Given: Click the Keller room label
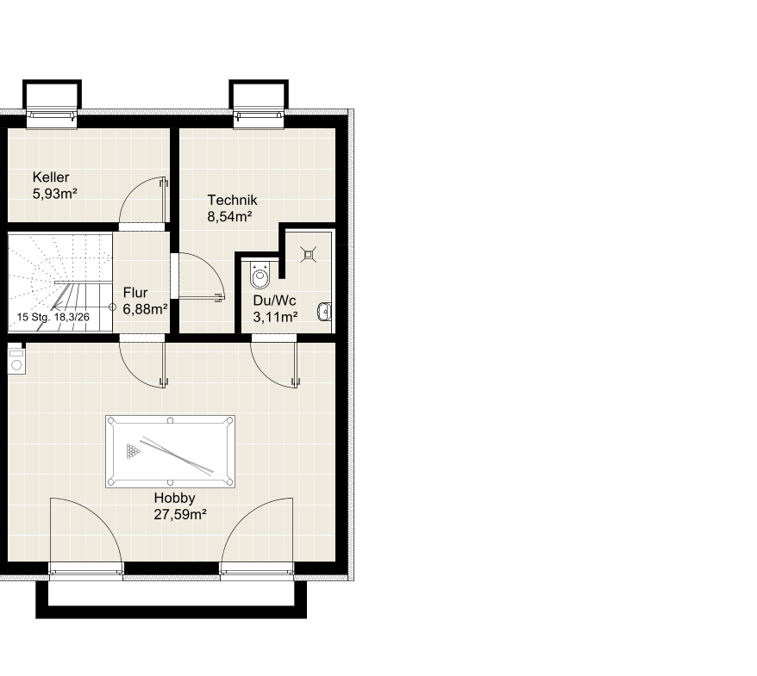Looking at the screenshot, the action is pos(51,177).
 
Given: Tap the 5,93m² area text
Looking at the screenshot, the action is pos(54,194).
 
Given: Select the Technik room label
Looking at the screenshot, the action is pos(232,200).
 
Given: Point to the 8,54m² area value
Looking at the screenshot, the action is pos(229,216).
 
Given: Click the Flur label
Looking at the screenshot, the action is pos(135,293).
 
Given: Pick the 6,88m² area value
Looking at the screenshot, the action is pos(145,309).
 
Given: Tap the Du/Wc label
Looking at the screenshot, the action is pos(274,301).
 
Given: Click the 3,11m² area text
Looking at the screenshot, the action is pos(275,317).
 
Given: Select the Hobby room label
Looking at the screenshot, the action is pos(174,498).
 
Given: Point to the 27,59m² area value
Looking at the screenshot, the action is pos(180,514).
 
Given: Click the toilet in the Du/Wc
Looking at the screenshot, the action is pos(260,276).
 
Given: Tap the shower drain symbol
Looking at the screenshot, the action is pos(308,254).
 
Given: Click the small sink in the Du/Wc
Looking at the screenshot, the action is pos(324,312).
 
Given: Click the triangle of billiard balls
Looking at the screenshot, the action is pos(133,451).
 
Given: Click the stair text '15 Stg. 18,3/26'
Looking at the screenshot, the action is pos(53,317).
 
